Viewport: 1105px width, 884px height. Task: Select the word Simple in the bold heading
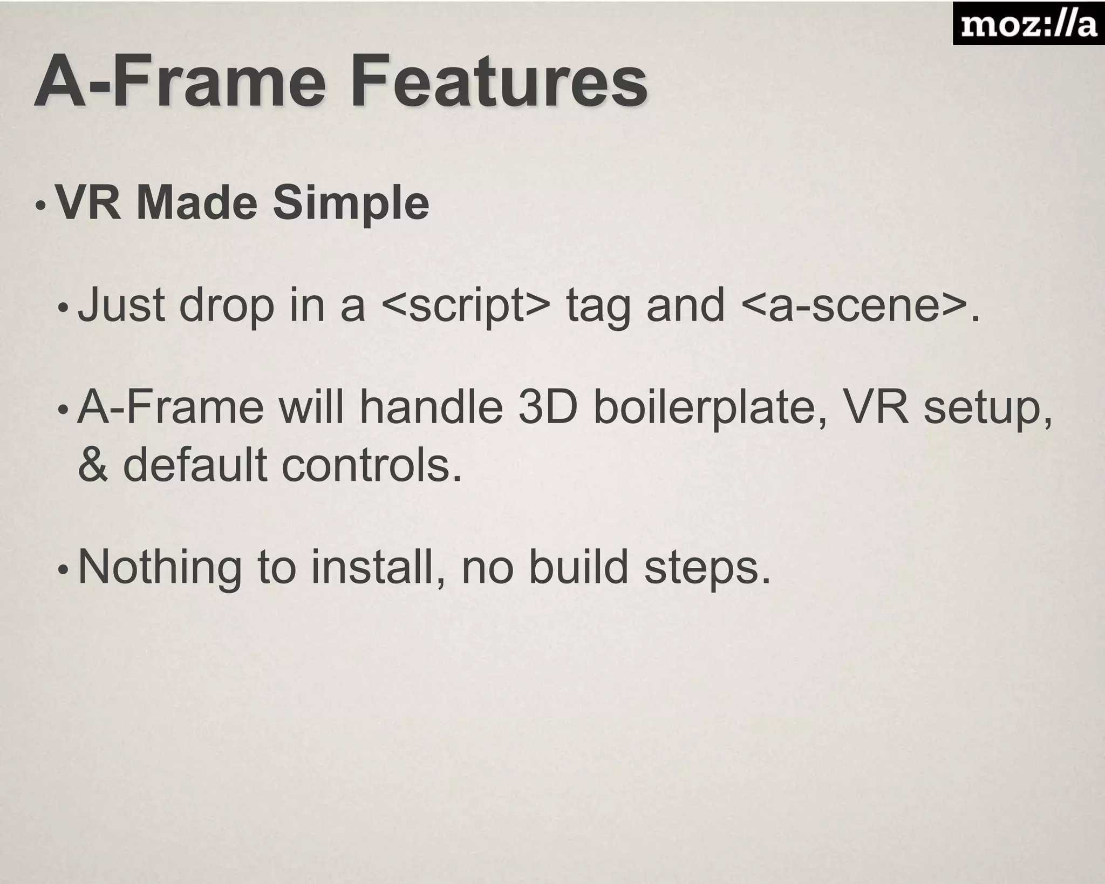351,204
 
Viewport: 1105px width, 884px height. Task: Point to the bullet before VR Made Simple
41,206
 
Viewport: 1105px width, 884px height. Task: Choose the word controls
372,466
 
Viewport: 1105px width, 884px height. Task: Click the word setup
987,409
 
